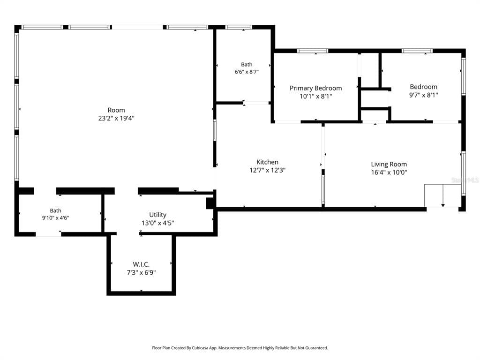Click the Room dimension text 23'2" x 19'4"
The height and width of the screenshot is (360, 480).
(116, 118)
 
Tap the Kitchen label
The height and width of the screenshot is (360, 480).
(267, 162)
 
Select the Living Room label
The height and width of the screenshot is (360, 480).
(389, 165)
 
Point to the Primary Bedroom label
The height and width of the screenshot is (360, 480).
(315, 88)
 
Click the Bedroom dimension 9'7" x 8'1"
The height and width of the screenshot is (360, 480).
(424, 95)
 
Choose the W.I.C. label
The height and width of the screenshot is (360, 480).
(141, 264)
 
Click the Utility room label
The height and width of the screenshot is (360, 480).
(157, 215)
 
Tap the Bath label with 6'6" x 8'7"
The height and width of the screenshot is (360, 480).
(247, 64)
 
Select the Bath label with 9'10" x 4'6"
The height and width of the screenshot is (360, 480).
(55, 210)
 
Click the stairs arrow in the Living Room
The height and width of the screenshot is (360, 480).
(443, 196)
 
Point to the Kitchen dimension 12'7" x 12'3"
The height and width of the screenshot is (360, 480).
(267, 170)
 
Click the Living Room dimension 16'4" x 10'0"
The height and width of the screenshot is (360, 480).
(389, 172)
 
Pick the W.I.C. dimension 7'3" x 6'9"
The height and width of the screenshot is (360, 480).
(141, 272)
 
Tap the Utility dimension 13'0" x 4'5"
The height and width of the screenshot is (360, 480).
(157, 223)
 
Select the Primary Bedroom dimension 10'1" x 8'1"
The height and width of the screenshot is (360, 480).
(315, 97)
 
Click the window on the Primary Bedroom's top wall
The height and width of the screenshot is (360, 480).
(313, 51)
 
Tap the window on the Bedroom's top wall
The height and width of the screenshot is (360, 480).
(417, 51)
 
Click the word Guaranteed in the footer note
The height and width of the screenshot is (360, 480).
(317, 348)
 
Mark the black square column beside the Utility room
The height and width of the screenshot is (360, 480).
(210, 203)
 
